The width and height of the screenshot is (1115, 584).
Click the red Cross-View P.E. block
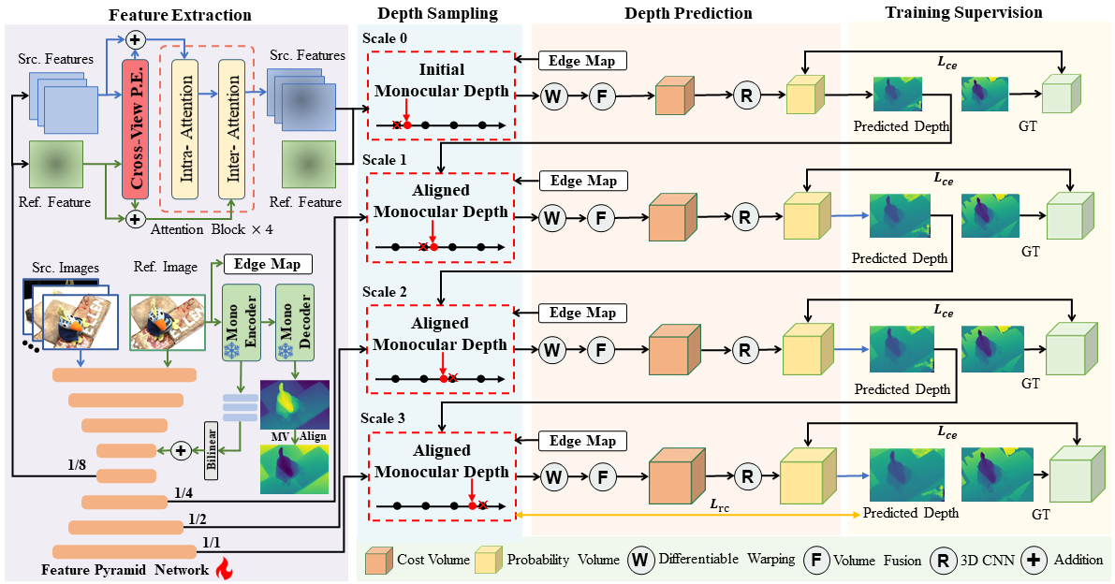pyautogui.click(x=137, y=128)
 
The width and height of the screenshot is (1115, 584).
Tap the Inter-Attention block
pyautogui.click(x=229, y=128)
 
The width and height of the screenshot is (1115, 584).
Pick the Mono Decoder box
pyautogui.click(x=292, y=320)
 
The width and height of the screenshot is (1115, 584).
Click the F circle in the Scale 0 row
pyautogui.click(x=603, y=95)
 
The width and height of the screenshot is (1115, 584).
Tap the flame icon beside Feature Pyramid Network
pyautogui.click(x=223, y=567)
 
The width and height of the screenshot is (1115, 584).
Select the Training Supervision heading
pyautogui.click(x=964, y=13)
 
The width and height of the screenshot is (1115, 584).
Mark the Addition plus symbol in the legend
pyautogui.click(x=1034, y=560)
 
